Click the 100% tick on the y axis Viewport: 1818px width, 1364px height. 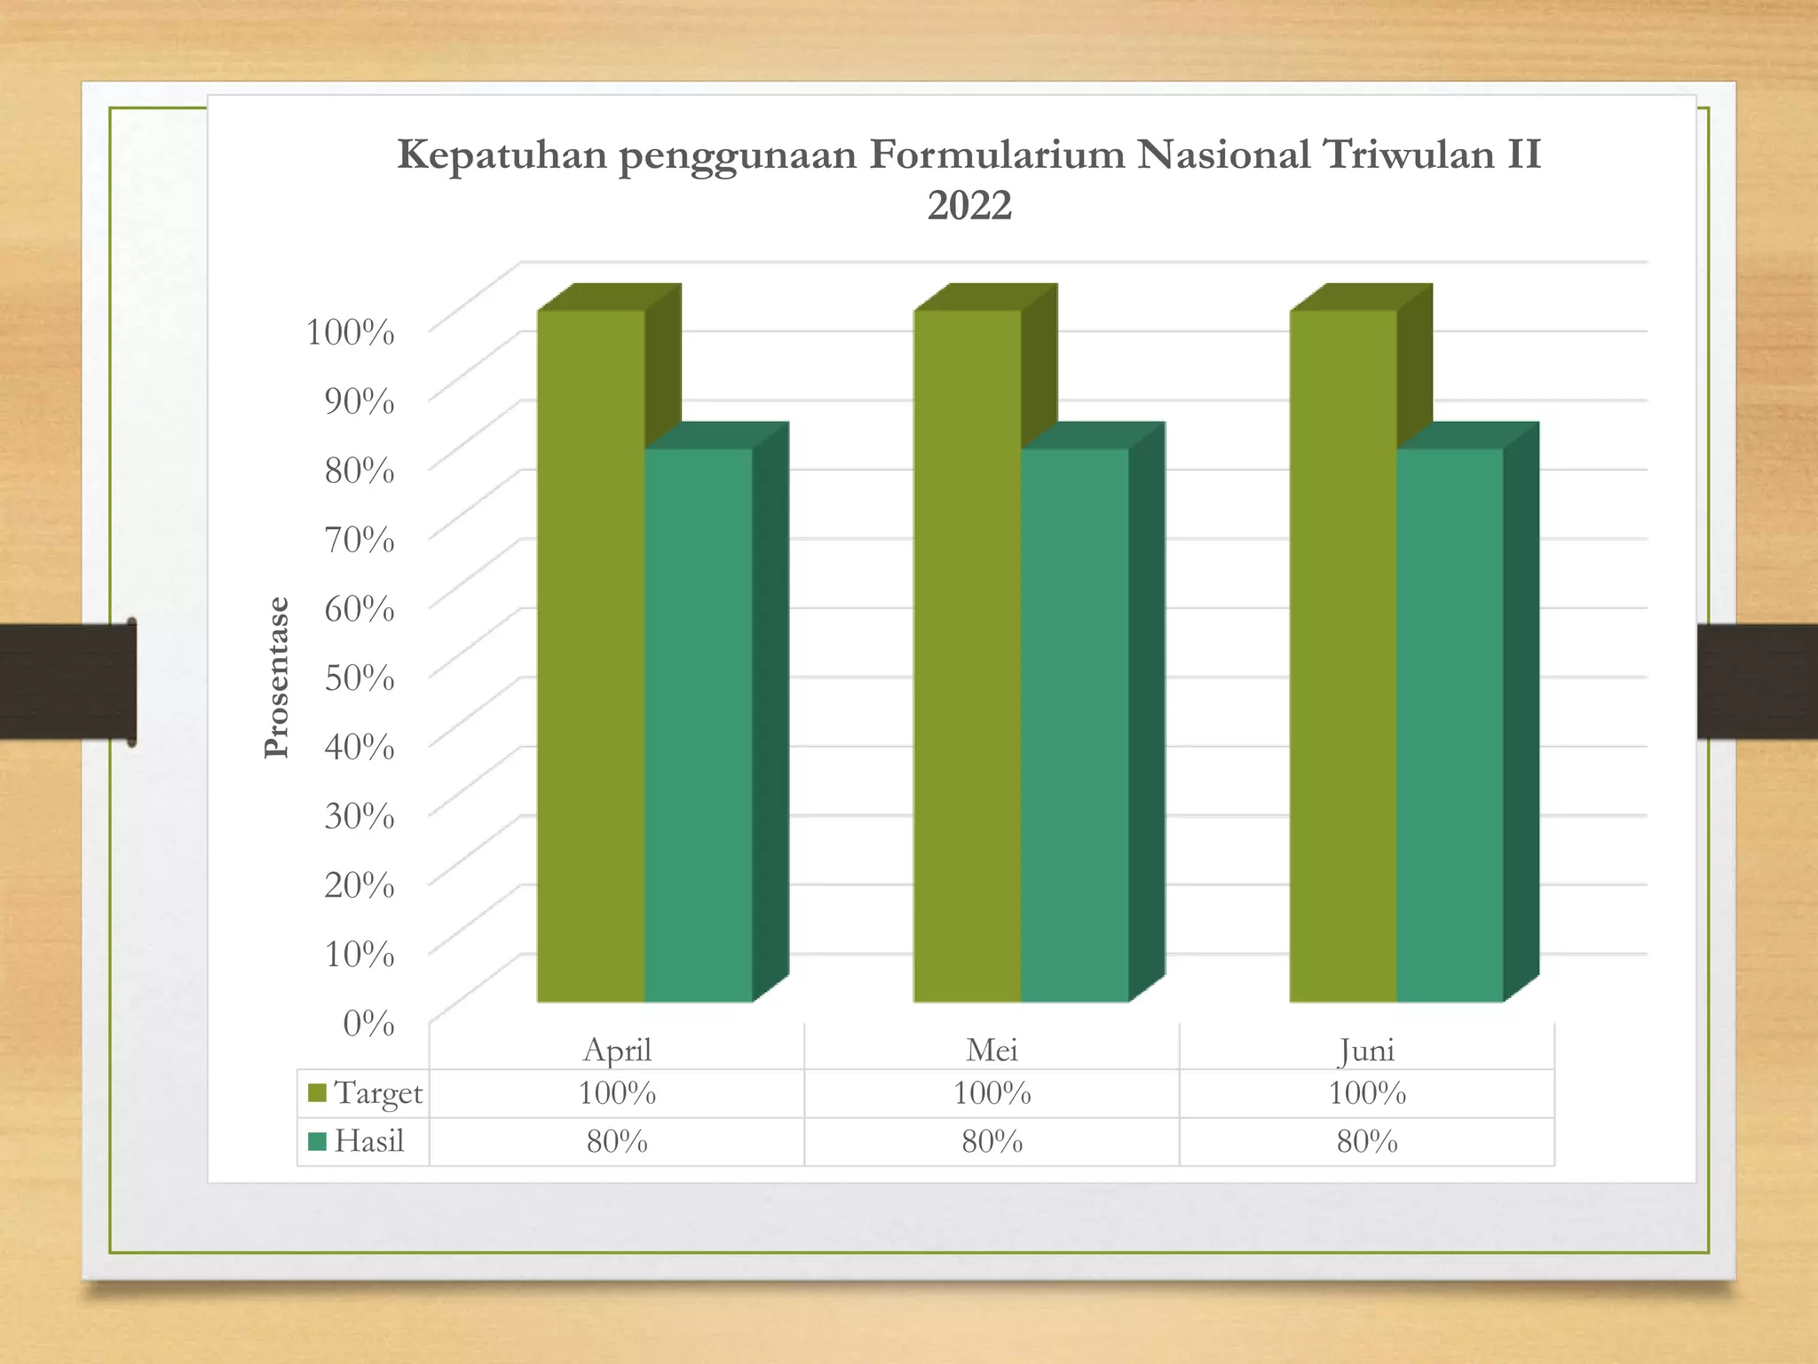[x=351, y=332]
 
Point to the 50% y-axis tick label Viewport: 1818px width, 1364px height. [x=360, y=678]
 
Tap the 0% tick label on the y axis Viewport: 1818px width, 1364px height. [x=368, y=1023]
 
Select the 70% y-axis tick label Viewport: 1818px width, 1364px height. [x=360, y=539]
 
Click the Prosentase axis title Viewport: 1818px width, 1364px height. [x=277, y=678]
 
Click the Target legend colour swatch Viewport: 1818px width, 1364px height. [x=317, y=1092]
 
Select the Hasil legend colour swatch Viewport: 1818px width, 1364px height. [x=317, y=1141]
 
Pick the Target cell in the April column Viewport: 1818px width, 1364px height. [x=617, y=1092]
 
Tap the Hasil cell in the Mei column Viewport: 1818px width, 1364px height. [x=992, y=1141]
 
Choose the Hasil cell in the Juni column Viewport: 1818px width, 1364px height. [x=1367, y=1141]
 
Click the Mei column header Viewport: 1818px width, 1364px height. [x=992, y=1050]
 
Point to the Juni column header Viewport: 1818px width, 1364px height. [x=1367, y=1050]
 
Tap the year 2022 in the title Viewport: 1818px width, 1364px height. [x=969, y=206]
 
